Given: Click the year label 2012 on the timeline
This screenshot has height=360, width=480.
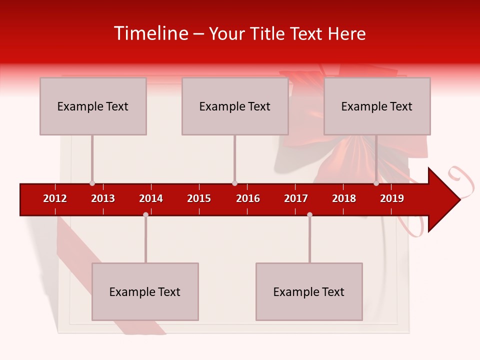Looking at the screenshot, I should coord(55,198).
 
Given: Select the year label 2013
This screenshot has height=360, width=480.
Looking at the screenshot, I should coord(103,198).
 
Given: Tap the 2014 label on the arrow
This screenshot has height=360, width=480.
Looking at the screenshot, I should coord(151,198).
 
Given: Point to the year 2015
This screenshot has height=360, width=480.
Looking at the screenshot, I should coord(199,198).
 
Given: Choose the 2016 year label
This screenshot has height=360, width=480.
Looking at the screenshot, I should coord(248,198).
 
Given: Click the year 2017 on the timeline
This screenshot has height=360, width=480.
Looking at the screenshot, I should coord(296,198).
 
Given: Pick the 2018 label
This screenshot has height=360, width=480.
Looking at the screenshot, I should coord(344,198).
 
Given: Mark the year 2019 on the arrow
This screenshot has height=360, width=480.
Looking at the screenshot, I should coord(392,198).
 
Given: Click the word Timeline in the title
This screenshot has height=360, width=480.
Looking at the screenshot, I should coord(150,33).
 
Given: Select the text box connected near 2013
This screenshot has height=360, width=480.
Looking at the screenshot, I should coord(93,106).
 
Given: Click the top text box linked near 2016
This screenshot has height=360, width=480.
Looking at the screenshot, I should coord(235,106).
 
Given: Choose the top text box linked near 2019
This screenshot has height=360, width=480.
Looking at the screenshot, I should coord(377,106).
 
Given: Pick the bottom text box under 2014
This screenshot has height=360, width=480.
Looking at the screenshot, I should coord(145,291).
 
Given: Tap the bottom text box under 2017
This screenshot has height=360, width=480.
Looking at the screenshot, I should coord(309,291).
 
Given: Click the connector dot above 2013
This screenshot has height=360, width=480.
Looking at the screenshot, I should coord(92,183).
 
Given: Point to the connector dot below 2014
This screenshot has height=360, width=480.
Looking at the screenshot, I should coord(145,214).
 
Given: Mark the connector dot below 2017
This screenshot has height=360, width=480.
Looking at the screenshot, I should coord(309,214).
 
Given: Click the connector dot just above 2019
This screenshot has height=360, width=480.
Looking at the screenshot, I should coord(376,183).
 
